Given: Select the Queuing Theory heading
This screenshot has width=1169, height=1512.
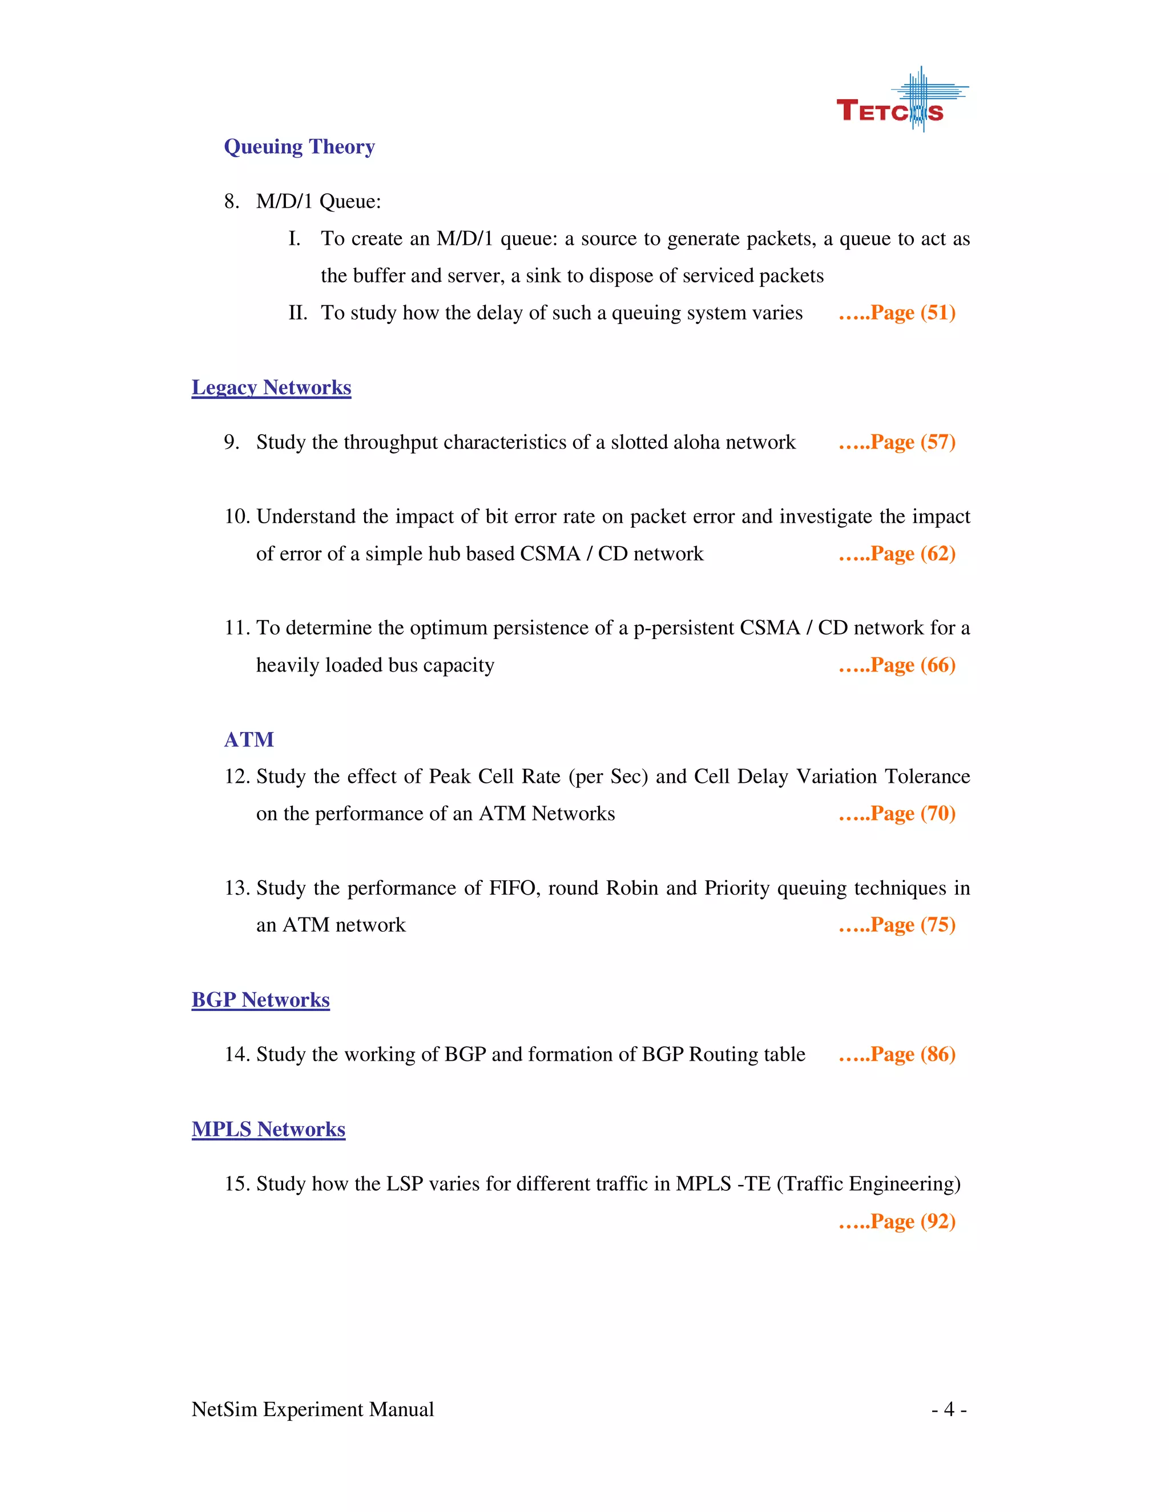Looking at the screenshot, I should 299,147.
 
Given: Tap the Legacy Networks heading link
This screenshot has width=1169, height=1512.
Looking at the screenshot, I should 272,387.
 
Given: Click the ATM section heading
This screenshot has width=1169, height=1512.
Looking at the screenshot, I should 249,739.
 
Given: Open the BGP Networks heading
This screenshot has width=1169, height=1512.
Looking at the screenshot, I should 260,1000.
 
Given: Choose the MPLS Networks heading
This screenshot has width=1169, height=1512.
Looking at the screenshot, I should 268,1129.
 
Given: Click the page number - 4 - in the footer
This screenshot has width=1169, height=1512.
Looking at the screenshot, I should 949,1409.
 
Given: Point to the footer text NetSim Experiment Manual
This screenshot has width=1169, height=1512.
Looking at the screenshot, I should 312,1409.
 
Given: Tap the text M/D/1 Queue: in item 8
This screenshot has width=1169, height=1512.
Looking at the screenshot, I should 319,201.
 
